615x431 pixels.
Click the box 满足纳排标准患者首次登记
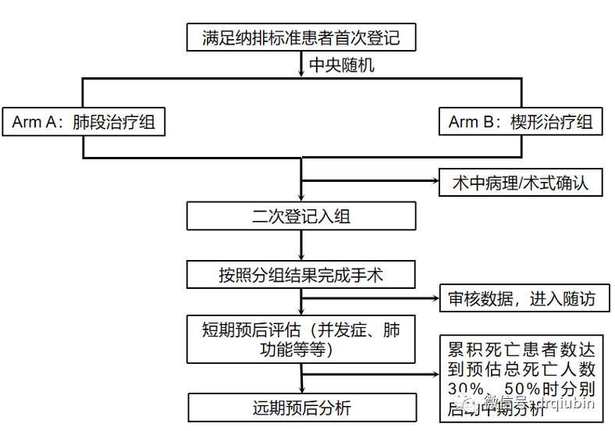pyautogui.click(x=300, y=37)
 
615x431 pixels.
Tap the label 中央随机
pyautogui.click(x=341, y=65)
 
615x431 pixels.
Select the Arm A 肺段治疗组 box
pyautogui.click(x=83, y=122)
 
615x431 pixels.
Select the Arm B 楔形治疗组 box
pyautogui.click(x=520, y=122)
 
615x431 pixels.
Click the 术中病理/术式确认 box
pyautogui.click(x=520, y=183)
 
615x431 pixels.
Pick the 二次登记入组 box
pyautogui.click(x=300, y=216)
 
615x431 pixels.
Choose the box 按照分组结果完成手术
pyautogui.click(x=300, y=275)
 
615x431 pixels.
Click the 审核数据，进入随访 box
pyautogui.click(x=521, y=298)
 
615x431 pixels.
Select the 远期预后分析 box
pyautogui.click(x=300, y=408)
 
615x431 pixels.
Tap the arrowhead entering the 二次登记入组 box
pyautogui.click(x=301, y=198)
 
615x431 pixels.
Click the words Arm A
pyautogui.click(x=34, y=123)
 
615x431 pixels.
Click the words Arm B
pyautogui.click(x=471, y=123)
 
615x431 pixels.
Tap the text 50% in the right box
pyautogui.click(x=516, y=389)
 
